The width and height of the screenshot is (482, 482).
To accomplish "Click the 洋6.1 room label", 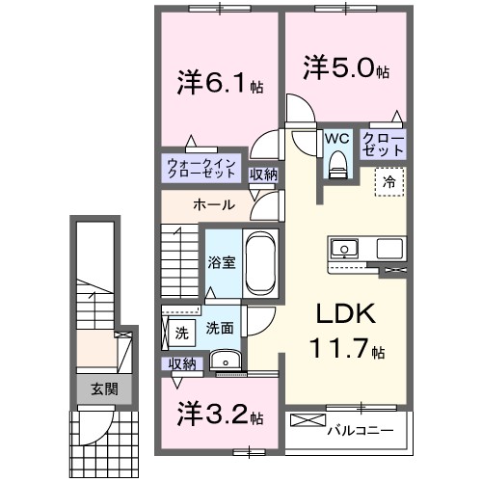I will point(214,83).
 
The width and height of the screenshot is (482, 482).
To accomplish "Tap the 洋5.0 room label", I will point(346,69).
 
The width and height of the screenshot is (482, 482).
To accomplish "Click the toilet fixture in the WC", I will point(336,167).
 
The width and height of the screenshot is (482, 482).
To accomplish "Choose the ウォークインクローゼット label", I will point(201,169).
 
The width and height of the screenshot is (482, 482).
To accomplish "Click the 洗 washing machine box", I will point(181,334).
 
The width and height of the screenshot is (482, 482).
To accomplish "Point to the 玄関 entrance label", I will point(104,389).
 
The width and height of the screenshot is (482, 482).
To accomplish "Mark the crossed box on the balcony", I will point(308,421).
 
